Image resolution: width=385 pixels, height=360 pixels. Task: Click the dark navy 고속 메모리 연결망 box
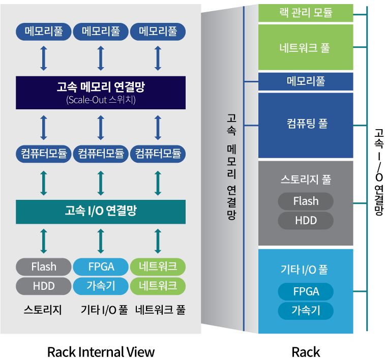click(x=100, y=92)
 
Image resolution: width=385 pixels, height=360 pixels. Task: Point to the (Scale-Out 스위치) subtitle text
click(x=100, y=100)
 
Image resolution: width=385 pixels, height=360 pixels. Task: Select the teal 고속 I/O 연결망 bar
click(x=100, y=212)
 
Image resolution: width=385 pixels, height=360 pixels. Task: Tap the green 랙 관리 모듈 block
click(x=306, y=13)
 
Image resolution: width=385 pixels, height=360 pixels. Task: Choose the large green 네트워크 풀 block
click(x=306, y=48)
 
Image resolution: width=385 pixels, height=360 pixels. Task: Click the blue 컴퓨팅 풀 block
click(x=306, y=125)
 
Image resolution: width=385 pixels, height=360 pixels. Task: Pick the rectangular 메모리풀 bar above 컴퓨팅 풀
click(x=306, y=81)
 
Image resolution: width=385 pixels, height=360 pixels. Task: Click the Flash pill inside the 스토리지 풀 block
click(x=306, y=201)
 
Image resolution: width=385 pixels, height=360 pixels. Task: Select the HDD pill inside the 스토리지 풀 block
click(x=306, y=221)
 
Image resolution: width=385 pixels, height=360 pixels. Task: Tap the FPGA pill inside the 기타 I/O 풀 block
click(x=306, y=292)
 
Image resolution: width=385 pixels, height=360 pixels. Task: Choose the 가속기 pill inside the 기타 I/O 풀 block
click(x=306, y=311)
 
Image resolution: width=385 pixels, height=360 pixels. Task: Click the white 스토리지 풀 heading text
click(x=306, y=180)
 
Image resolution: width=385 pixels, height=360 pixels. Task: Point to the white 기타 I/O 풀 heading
click(x=306, y=270)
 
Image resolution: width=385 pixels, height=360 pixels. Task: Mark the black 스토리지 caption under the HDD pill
click(x=43, y=310)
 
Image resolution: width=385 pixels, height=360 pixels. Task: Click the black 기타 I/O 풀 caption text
click(x=104, y=310)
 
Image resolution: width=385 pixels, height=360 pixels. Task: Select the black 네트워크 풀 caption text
click(x=160, y=310)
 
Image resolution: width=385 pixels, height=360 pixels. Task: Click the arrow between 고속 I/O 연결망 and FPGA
click(x=100, y=241)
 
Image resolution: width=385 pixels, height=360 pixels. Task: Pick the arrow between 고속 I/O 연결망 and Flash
click(x=43, y=241)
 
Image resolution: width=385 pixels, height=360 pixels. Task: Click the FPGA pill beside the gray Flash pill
click(x=101, y=267)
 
